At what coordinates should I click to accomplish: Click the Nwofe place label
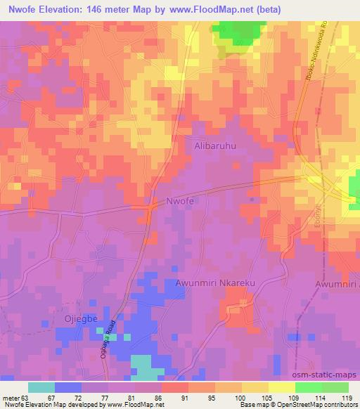tap(180, 201)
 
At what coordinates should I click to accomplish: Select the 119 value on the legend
tap(347, 397)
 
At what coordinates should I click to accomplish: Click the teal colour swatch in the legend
tap(41, 387)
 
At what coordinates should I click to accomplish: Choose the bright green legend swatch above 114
tap(309, 387)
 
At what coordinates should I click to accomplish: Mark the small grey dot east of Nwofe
tap(252, 199)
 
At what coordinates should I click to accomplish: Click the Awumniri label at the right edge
tap(338, 284)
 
